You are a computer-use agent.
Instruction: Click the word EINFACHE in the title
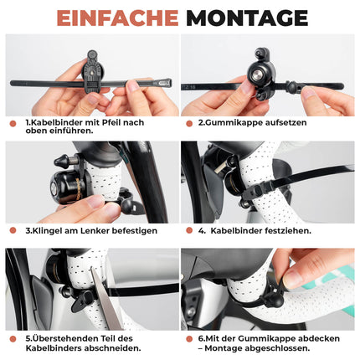tap(114, 17)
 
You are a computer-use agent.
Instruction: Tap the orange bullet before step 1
tap(13, 122)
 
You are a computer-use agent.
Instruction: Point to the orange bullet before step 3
tap(13, 230)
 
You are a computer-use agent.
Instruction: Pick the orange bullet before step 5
tap(13, 337)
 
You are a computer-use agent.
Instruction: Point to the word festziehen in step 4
tap(286, 230)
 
